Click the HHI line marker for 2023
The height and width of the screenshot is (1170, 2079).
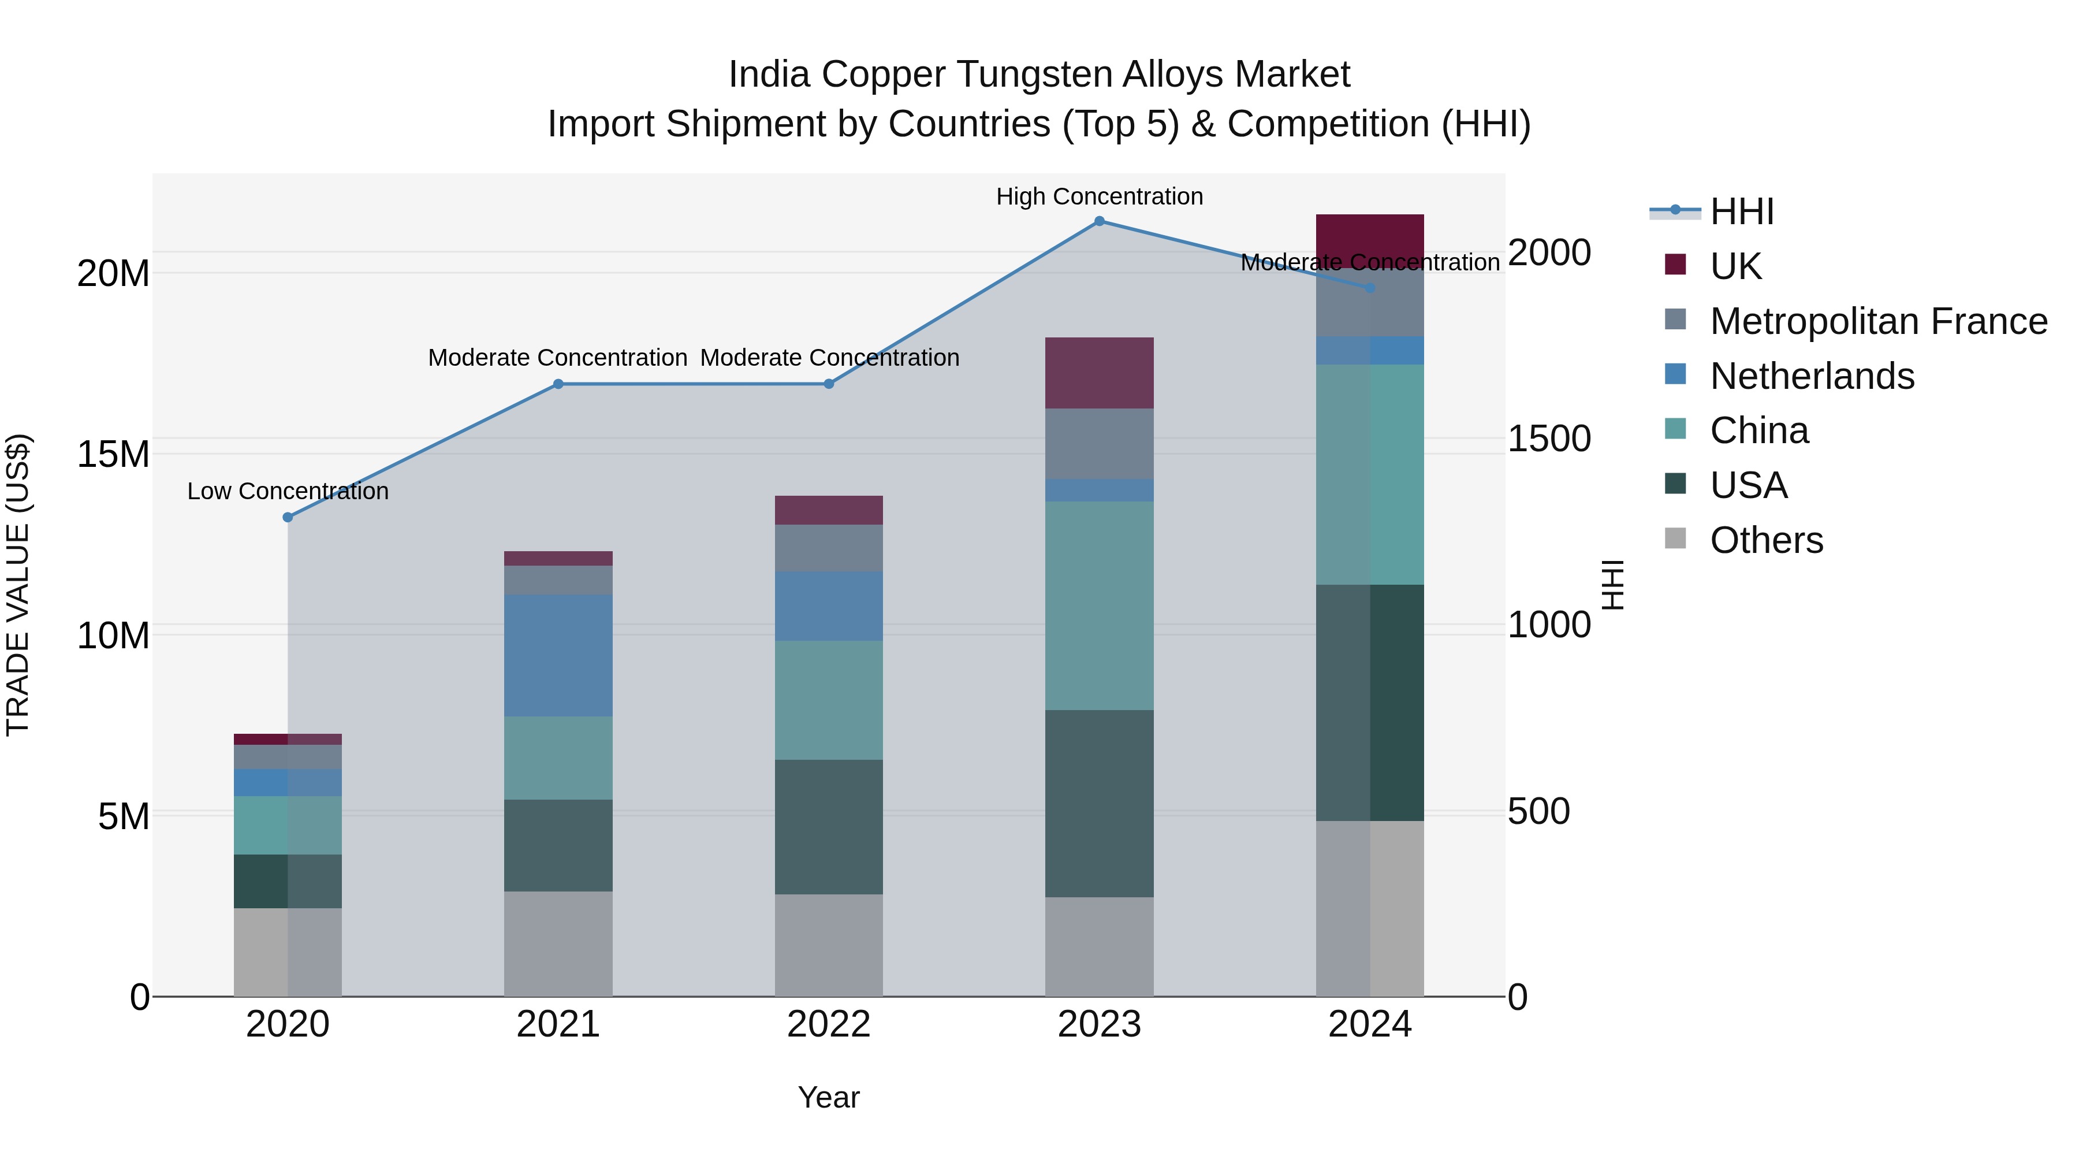click(1099, 221)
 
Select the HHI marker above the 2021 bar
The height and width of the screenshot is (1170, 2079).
click(558, 384)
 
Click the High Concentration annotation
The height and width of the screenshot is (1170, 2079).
click(1099, 196)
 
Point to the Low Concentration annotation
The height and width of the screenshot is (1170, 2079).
click(288, 491)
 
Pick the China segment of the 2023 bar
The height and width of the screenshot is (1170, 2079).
click(1099, 605)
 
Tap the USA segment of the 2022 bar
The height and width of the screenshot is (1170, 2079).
click(828, 826)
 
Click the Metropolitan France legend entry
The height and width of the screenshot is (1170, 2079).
click(1878, 321)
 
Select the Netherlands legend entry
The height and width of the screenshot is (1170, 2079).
click(1812, 376)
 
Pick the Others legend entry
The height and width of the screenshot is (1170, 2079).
click(1766, 540)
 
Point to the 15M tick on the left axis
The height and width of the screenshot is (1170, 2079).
click(113, 454)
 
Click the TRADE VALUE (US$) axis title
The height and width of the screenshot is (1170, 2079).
click(18, 585)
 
